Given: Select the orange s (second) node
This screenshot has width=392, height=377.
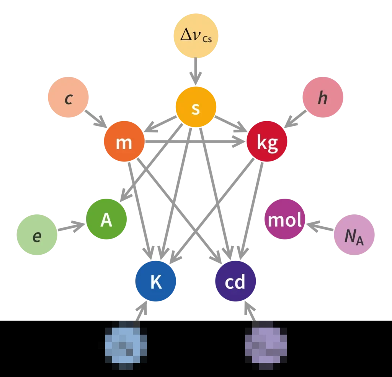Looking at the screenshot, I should (196, 107).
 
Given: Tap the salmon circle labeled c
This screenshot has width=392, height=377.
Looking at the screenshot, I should (68, 98).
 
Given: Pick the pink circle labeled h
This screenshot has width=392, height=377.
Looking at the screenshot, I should (323, 98).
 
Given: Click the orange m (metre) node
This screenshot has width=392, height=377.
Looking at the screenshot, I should (124, 142).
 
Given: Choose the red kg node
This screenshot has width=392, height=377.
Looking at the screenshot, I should (267, 142).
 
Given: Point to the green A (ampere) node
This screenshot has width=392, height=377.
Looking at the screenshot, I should (106, 220).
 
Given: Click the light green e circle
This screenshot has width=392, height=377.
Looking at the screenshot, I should (37, 235).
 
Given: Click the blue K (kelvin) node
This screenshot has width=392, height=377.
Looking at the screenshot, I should (155, 282).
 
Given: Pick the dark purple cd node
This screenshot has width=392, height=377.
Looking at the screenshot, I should (235, 282).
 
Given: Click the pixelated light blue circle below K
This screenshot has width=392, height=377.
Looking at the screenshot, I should (126, 342).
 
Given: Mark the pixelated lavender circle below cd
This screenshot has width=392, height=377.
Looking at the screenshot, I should (266, 342).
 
